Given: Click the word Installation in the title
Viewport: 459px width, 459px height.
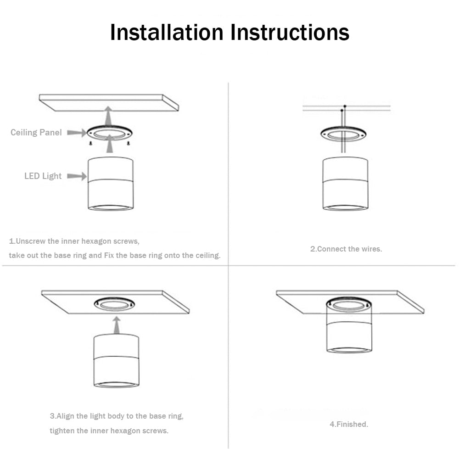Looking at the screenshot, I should (167, 32).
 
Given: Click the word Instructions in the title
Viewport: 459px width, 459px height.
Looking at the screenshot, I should (290, 32).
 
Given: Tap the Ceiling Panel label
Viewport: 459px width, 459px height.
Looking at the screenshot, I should (36, 133).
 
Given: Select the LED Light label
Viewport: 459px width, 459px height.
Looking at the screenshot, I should (43, 176).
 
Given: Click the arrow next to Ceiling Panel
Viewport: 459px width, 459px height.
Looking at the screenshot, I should (76, 133).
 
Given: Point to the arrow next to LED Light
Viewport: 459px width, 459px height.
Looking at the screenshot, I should (77, 176).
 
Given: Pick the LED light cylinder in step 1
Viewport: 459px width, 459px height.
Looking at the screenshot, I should (111, 184).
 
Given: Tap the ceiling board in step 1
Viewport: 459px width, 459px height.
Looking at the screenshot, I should (108, 102).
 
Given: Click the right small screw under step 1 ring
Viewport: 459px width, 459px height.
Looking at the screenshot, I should (129, 143).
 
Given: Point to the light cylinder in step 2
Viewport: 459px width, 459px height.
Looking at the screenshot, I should (345, 184).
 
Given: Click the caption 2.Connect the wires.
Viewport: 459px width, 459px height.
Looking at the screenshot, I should (346, 249).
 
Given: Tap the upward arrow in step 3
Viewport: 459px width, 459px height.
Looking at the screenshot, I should (117, 325).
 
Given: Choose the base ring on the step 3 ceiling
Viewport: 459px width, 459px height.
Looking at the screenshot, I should (114, 303).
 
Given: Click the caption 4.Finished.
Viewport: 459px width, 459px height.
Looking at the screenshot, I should (349, 425).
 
